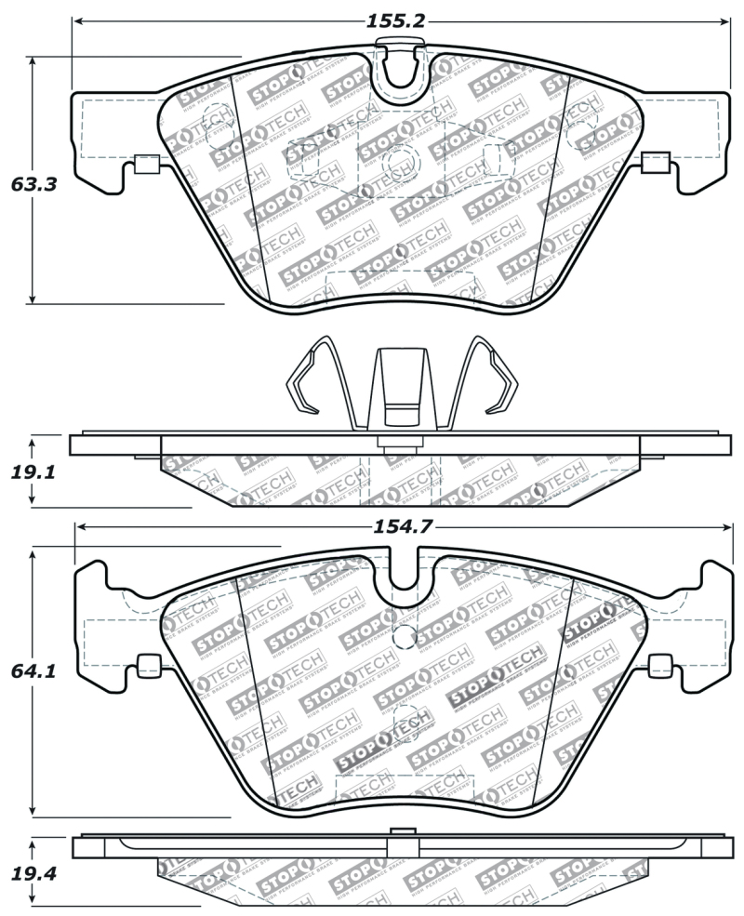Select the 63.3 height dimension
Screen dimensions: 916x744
click(34, 184)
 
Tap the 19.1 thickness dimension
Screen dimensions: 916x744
click(34, 472)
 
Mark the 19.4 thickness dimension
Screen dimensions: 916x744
click(34, 875)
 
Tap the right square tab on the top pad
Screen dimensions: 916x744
click(656, 165)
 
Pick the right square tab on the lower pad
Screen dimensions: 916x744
click(659, 666)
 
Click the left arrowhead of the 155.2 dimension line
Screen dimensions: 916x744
click(79, 20)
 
